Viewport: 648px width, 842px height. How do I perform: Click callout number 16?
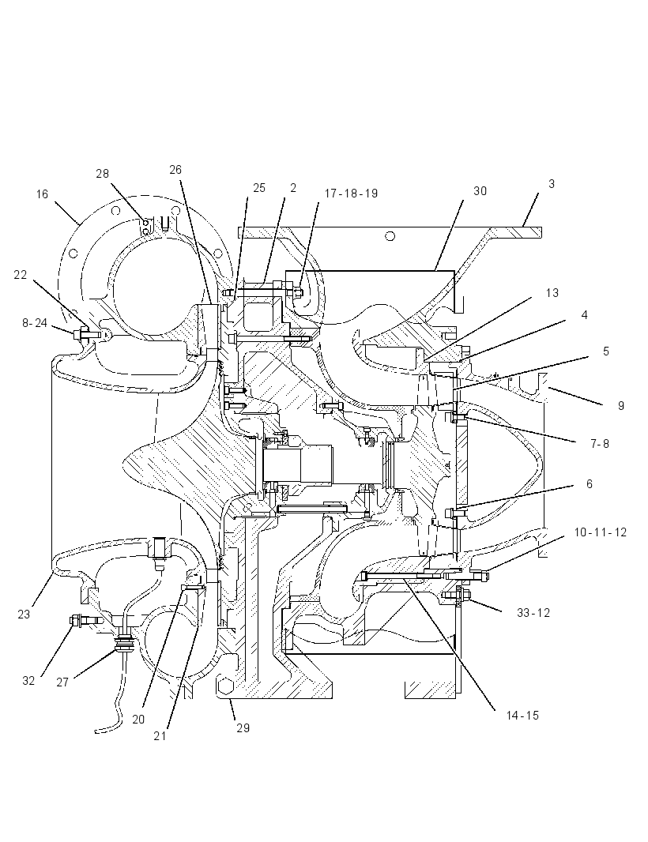tap(43, 194)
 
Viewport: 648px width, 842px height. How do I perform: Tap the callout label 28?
tap(102, 174)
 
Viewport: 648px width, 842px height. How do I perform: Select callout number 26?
tap(175, 170)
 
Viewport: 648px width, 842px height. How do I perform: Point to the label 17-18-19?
tap(351, 194)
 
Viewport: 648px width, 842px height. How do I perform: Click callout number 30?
tap(480, 191)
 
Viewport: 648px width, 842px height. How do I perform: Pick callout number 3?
tap(552, 184)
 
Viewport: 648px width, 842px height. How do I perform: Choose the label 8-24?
tap(35, 323)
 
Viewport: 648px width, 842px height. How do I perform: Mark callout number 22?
tap(20, 275)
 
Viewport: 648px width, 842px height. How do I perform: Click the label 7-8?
tap(600, 444)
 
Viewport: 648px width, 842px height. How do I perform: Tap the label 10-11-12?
tap(600, 532)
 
